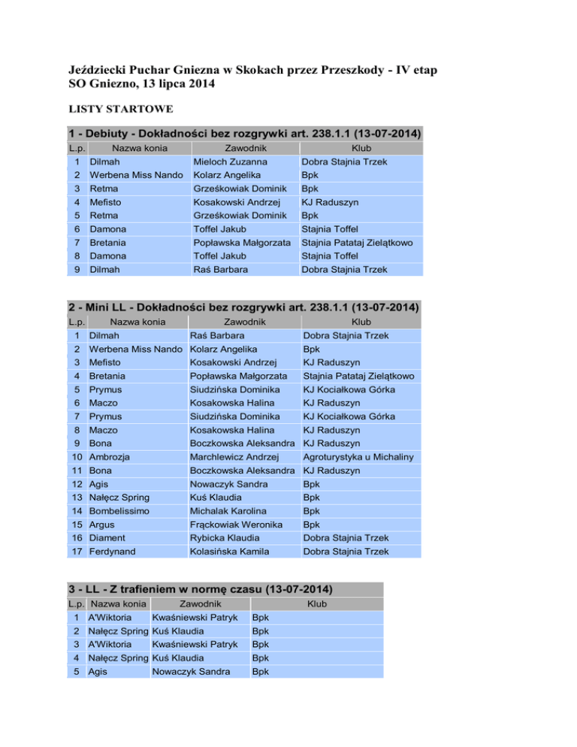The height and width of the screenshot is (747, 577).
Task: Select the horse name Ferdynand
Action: point(114,551)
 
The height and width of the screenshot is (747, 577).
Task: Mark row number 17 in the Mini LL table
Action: point(75,551)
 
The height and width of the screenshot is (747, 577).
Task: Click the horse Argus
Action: point(102,524)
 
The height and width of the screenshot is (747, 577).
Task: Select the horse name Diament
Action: point(107,537)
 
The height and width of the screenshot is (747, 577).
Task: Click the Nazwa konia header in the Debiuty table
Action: point(135,147)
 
